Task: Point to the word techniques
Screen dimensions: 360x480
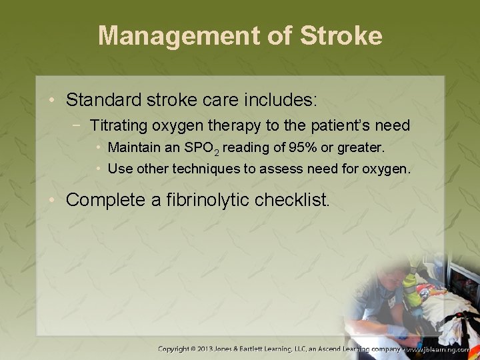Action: [207, 169]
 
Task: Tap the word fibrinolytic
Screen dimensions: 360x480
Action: [207, 199]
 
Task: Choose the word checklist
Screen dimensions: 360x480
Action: [293, 199]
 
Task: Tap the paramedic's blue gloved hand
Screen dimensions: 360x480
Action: [399, 329]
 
